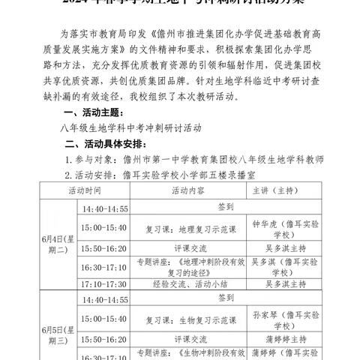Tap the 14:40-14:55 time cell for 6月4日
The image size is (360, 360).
coord(105,207)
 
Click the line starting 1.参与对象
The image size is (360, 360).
coord(194,160)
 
